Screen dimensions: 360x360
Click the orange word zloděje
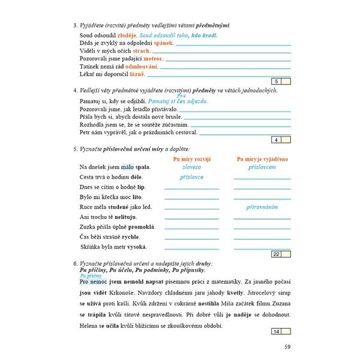point(125,36)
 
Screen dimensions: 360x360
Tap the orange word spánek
point(163,44)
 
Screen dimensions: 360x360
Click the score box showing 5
point(275,82)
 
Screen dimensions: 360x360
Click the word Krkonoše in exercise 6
point(91,293)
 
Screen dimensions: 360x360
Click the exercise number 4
point(73,90)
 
